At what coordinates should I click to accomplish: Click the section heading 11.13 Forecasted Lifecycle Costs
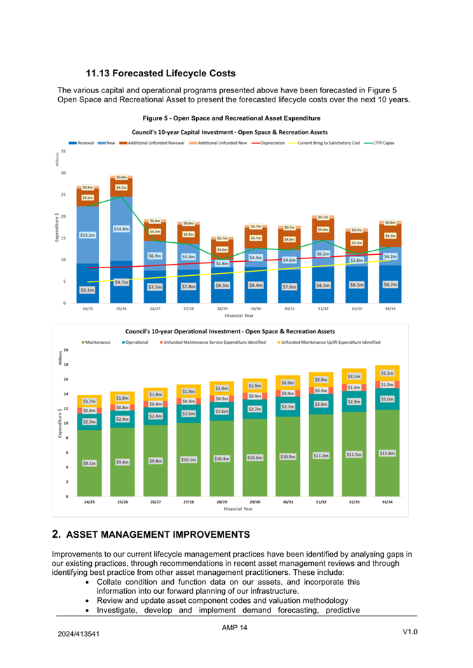[160, 73]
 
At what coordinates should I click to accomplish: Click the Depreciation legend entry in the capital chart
[270, 143]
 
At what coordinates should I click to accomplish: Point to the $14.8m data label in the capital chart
[121, 229]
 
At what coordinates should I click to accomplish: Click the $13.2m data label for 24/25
[88, 235]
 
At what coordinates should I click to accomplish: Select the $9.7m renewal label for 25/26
[121, 282]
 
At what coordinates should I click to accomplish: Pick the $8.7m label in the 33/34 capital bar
[390, 285]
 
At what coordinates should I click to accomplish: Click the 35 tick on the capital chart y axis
[64, 151]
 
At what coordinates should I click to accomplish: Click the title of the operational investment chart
[230, 330]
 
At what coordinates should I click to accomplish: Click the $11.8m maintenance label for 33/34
[387, 454]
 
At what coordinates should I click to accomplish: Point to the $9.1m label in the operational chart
[89, 463]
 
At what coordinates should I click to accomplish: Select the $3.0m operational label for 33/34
[387, 398]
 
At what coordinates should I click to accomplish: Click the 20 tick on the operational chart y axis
[65, 349]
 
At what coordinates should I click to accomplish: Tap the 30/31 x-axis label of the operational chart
[288, 502]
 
